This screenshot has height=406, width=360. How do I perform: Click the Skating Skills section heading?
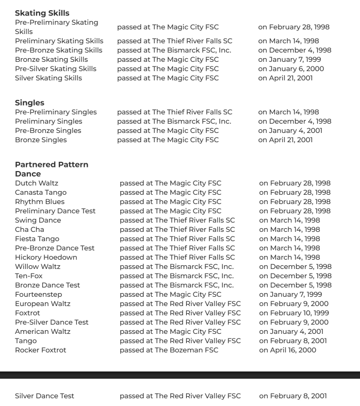pyautogui.click(x=42, y=13)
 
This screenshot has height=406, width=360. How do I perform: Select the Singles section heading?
pyautogui.click(x=29, y=103)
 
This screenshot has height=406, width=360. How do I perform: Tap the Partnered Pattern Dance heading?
pyautogui.click(x=52, y=169)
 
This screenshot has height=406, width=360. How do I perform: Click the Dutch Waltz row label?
pyautogui.click(x=37, y=183)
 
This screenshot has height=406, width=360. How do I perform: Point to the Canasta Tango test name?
pyautogui.click(x=41, y=192)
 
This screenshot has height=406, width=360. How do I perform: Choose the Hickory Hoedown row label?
pyautogui.click(x=46, y=257)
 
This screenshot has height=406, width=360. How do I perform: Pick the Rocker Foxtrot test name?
pyautogui.click(x=41, y=350)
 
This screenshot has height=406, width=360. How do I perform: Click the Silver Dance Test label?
pyautogui.click(x=44, y=396)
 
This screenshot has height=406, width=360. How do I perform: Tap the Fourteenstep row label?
pyautogui.click(x=38, y=294)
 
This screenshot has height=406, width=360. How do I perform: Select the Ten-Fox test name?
pyautogui.click(x=29, y=276)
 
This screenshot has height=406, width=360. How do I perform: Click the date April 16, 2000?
pyautogui.click(x=288, y=350)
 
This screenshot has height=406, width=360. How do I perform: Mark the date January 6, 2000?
pyautogui.click(x=291, y=69)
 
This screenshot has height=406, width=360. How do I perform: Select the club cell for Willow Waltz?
pyautogui.click(x=176, y=266)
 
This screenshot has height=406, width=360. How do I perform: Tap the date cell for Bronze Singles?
pyautogui.click(x=285, y=140)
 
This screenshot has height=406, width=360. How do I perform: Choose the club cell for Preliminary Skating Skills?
pyautogui.click(x=174, y=41)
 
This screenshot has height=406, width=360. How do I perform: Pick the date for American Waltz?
pyautogui.click(x=291, y=331)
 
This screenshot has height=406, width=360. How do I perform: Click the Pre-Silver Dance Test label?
pyautogui.click(x=52, y=322)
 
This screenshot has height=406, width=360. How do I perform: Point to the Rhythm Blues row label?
pyautogui.click(x=40, y=201)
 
